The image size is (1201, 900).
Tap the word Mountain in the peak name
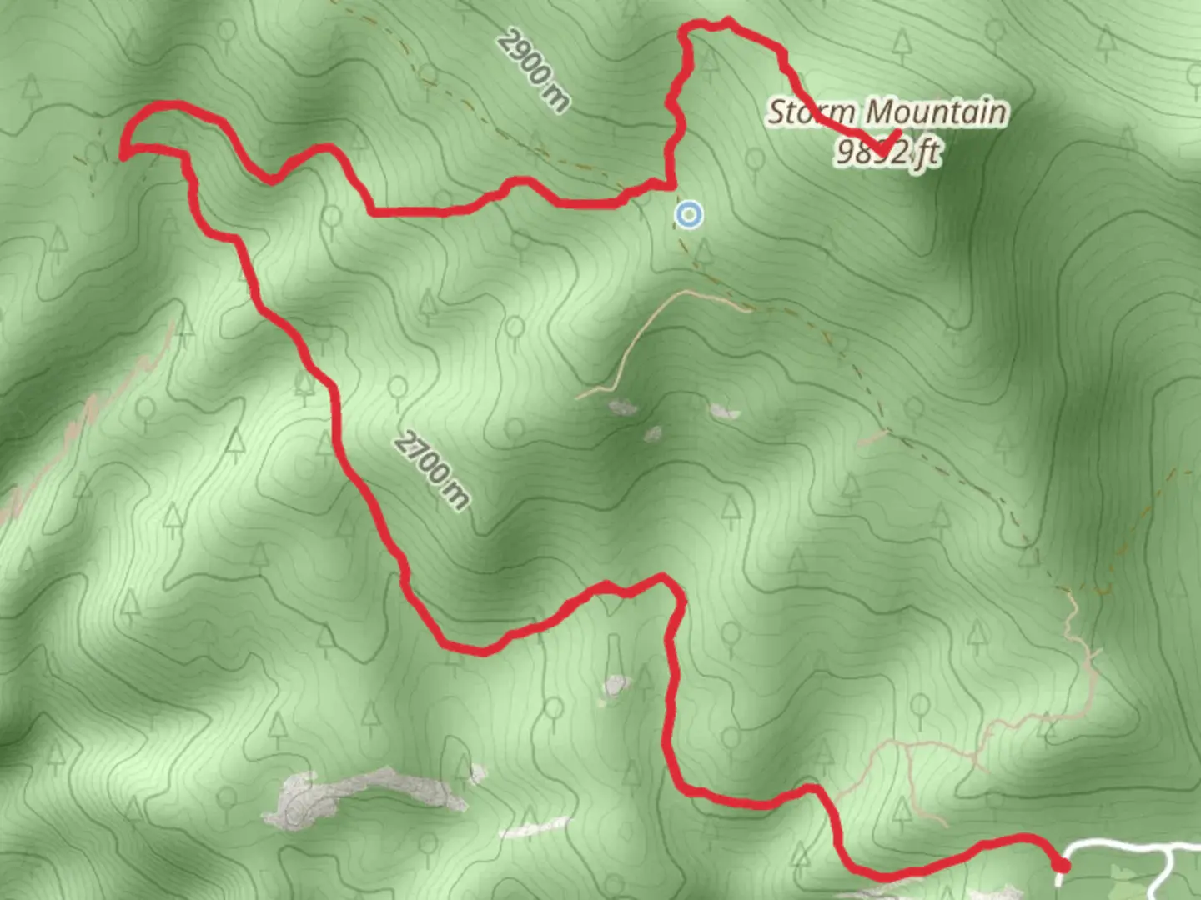coord(935,112)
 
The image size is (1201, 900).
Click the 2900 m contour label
coord(535,71)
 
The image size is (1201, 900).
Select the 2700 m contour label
coord(431,470)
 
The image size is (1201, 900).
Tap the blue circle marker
coord(688,215)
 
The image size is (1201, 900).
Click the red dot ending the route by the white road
coord(1062,867)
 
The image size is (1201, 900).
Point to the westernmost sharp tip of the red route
coord(123,153)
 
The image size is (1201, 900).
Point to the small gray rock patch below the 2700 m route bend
coord(616,685)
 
